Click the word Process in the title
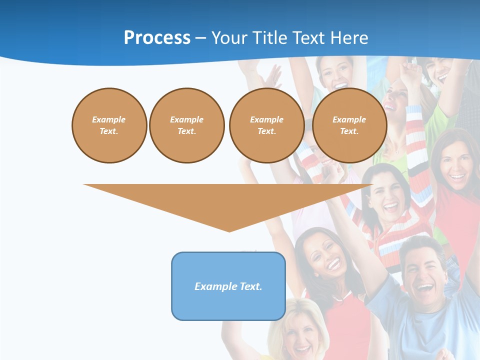157,38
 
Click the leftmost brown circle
109,125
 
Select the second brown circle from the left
186,125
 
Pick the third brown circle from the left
266,125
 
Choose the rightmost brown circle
349,125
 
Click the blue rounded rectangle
228,286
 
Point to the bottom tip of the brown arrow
229,231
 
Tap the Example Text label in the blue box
228,286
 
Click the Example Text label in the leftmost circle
109,125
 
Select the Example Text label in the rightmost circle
349,125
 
